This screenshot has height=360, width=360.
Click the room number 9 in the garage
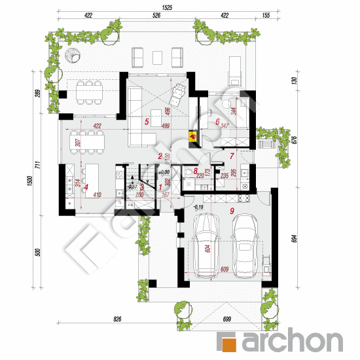231,211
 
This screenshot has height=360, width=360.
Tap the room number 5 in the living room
147,122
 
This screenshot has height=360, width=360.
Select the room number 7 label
231,156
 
